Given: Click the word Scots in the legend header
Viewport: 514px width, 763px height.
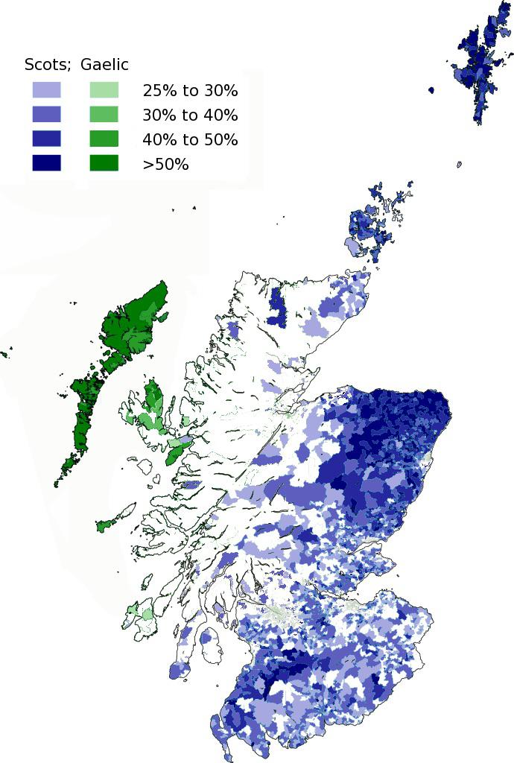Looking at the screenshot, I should pos(46,66).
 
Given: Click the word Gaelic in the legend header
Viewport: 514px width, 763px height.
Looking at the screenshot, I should pos(104,66).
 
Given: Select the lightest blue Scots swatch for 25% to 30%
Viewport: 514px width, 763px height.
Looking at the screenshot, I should pos(46,90).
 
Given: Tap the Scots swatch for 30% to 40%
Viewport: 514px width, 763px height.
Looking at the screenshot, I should pos(46,115).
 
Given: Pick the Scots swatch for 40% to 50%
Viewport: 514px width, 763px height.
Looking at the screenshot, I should pos(46,139).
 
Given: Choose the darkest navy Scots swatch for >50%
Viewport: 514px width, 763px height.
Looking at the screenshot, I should pos(46,163).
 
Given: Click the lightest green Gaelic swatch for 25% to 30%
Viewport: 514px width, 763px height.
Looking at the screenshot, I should pos(104,90).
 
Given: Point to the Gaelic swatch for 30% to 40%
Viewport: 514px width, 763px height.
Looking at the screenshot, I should pos(104,115).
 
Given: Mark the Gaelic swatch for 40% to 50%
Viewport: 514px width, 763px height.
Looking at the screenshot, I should pos(104,139).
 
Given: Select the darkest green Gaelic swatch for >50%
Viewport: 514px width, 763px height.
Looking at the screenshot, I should pos(104,163).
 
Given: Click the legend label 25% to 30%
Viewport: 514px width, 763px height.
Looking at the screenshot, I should pos(190,91).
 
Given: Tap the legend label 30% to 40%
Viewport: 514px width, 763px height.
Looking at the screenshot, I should pos(190,115).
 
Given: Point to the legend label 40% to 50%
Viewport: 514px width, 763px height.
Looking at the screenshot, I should pos(190,139).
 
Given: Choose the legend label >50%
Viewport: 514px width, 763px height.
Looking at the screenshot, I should pos(165,164).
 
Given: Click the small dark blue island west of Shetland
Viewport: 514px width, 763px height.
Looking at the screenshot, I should pos(431,90).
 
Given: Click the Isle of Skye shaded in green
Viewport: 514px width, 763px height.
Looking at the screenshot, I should pos(154,406).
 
